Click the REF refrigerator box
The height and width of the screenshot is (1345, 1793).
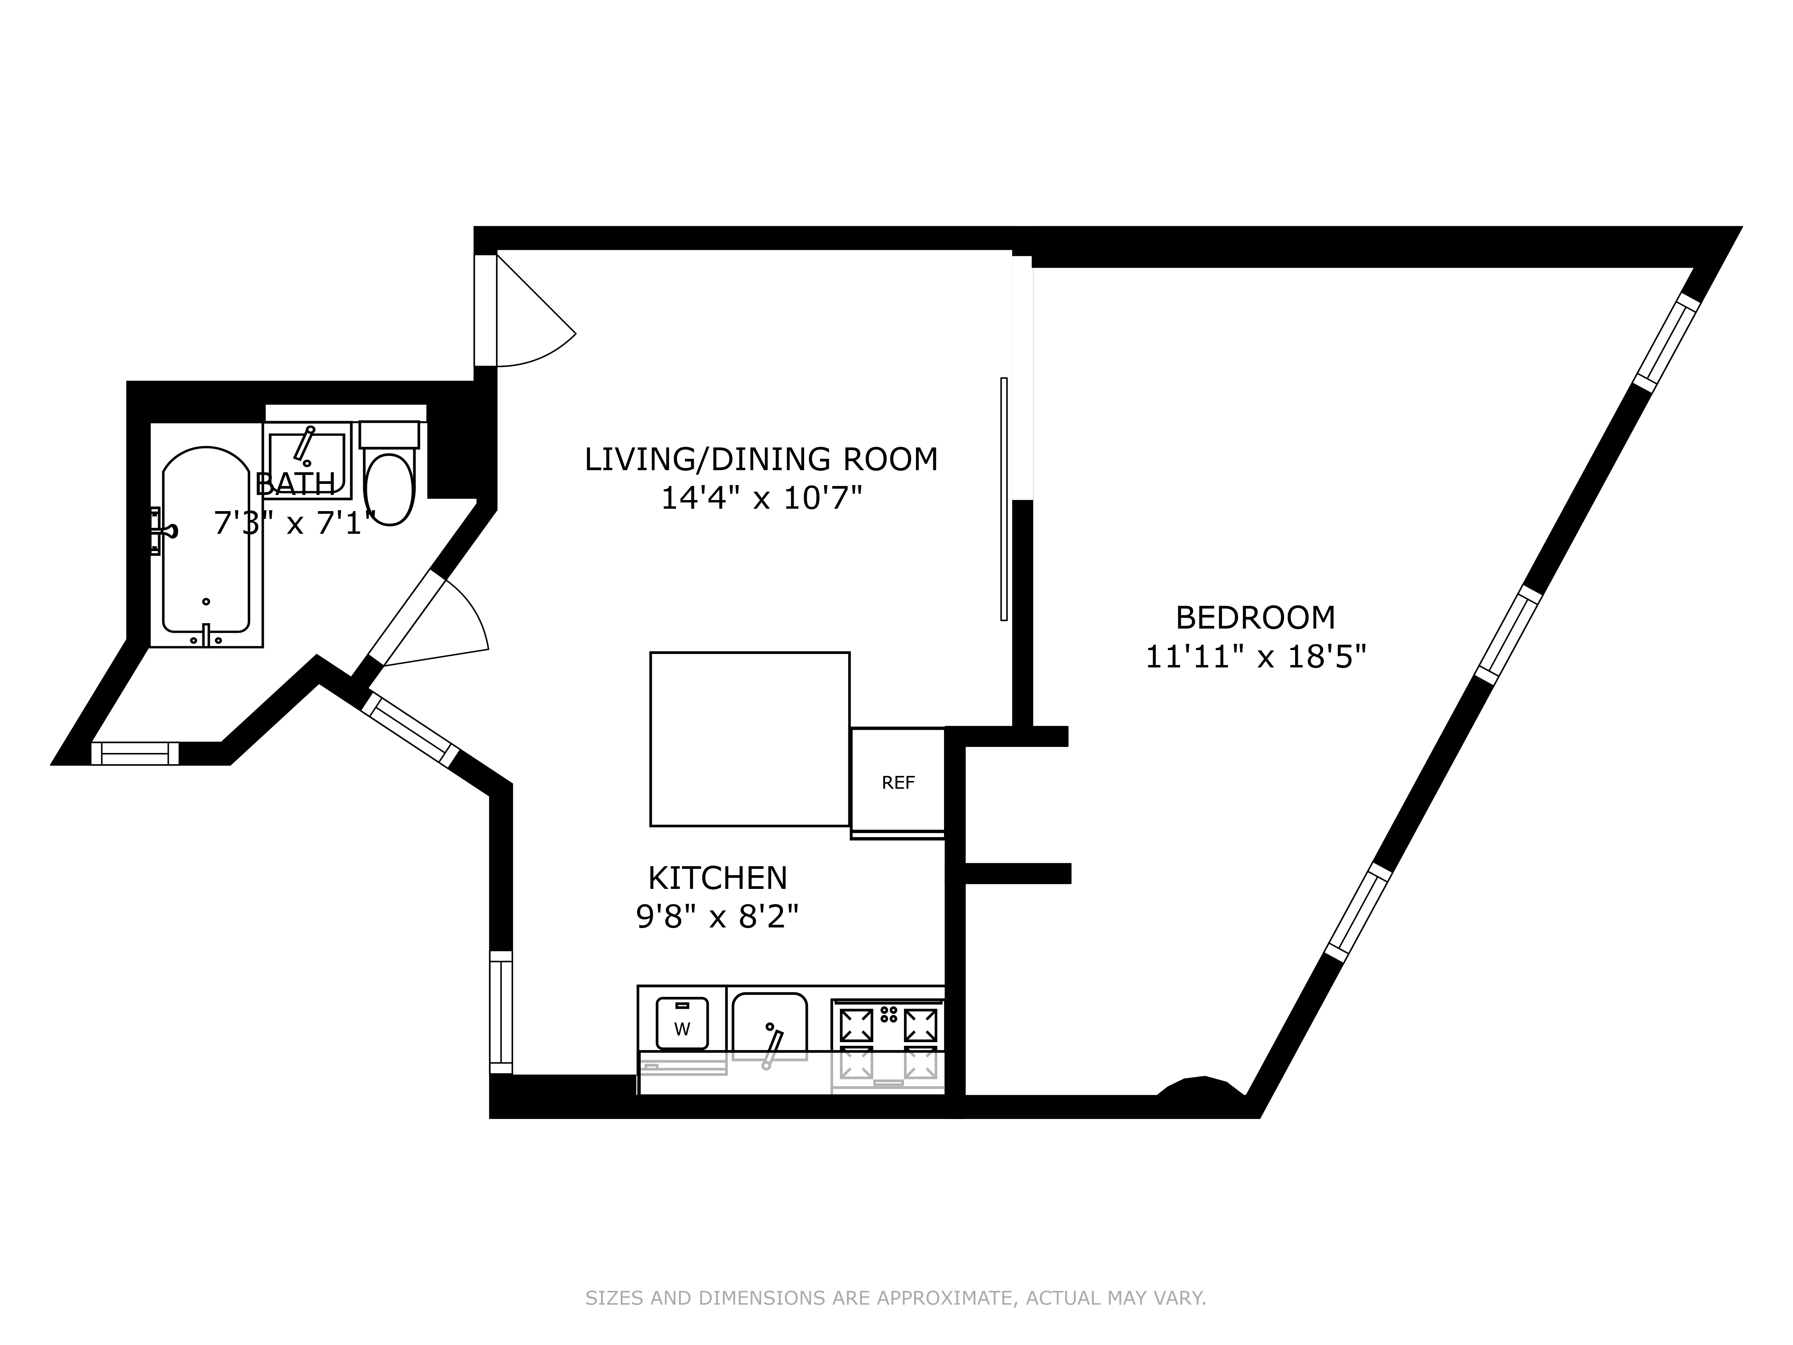(897, 782)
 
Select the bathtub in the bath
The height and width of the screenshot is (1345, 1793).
(206, 542)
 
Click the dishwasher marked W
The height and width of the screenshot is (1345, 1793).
(682, 1023)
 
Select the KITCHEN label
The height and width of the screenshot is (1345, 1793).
(717, 878)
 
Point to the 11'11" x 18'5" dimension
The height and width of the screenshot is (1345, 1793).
(1255, 657)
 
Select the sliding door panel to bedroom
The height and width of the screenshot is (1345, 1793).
(1003, 499)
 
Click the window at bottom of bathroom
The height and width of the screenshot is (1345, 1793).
(134, 753)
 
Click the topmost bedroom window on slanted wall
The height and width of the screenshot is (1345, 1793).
(1666, 342)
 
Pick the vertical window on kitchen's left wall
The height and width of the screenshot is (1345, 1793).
(501, 1012)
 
